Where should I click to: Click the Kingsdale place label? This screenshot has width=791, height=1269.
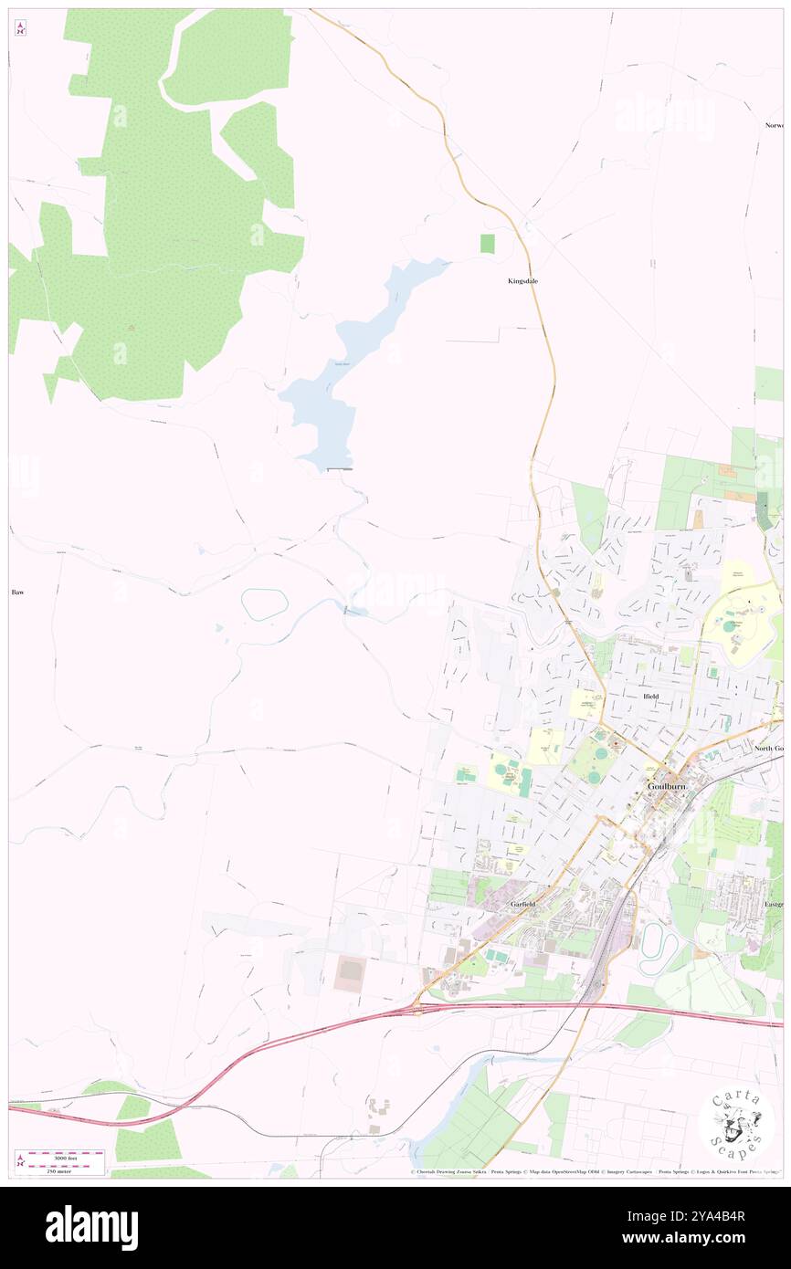(x=522, y=281)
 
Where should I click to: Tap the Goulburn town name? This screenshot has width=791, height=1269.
(x=665, y=785)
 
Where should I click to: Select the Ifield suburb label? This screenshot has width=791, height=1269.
(x=646, y=696)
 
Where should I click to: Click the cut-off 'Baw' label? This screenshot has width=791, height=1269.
(x=16, y=593)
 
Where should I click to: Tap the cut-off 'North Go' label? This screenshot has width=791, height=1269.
(x=768, y=749)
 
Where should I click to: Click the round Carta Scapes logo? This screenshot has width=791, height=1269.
(x=735, y=1125)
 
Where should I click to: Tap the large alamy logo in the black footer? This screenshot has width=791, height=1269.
(x=91, y=1227)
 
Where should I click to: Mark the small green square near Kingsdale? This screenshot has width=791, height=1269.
(x=487, y=244)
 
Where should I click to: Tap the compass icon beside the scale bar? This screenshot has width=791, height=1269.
(x=20, y=1161)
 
